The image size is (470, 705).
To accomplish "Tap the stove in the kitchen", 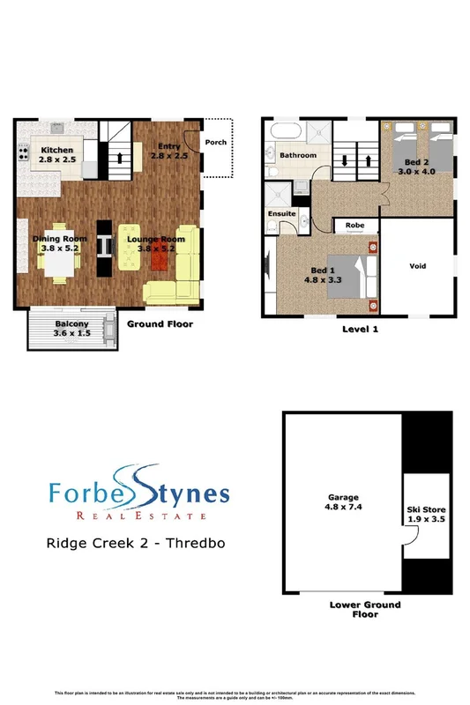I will click(x=20, y=156).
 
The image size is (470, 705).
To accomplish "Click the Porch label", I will click(x=215, y=141).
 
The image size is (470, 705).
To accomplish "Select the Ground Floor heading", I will click(x=160, y=324).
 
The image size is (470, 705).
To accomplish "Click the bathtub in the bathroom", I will click(x=287, y=133).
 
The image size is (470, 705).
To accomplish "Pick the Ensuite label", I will click(x=282, y=214).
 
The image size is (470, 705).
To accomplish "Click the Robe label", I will click(x=355, y=225).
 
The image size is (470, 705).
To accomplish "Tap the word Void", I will click(x=419, y=264).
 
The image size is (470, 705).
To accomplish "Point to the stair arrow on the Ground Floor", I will click(x=120, y=159).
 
